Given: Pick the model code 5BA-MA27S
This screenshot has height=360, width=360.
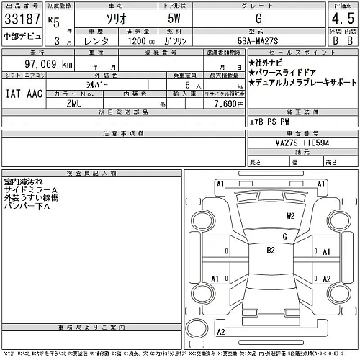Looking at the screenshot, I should [271, 41].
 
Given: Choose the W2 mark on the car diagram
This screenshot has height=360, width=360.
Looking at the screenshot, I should [291, 215].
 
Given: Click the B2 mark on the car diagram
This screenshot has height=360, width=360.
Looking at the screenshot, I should [271, 250].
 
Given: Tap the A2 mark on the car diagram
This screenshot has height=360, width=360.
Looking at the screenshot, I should [326, 279].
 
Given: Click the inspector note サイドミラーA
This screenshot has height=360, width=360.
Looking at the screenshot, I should [31, 189].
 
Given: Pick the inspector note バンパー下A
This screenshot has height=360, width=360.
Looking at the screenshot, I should [27, 206].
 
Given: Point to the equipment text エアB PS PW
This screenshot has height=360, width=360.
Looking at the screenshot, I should [268, 120].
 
